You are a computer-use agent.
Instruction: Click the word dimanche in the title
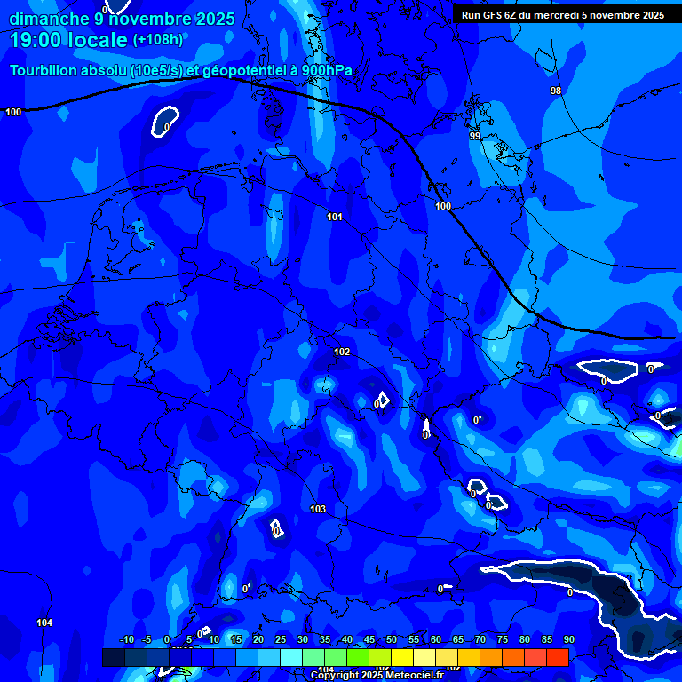49,19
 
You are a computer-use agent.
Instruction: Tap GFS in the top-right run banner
494,15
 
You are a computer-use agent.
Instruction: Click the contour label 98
556,91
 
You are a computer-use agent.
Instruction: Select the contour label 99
475,136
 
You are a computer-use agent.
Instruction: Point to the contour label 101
335,217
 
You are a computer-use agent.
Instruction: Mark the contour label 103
318,509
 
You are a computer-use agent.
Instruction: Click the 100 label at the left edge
13,112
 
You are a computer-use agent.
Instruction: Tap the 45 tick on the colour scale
369,640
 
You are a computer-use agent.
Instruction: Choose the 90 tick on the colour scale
568,640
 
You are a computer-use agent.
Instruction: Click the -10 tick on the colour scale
126,640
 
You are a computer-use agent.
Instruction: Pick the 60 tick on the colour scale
436,640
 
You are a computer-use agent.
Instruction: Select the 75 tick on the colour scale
503,640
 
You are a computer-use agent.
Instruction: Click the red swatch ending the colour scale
557,657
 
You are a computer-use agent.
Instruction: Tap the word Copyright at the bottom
335,676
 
